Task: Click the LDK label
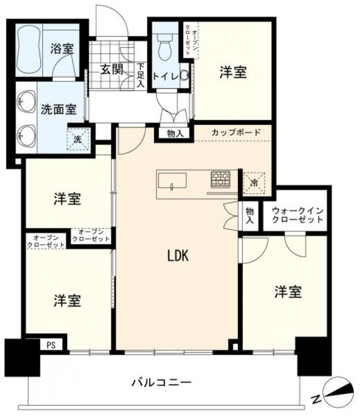[179, 256]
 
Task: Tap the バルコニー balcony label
[161, 382]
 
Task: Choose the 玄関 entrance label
[111, 70]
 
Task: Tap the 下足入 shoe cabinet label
[140, 75]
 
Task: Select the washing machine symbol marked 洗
[77, 139]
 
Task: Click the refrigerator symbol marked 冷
[253, 182]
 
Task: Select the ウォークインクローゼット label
[296, 215]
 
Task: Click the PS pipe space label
[51, 344]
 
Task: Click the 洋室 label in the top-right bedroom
[232, 72]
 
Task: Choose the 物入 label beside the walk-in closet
[250, 216]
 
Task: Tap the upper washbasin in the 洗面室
[24, 102]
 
